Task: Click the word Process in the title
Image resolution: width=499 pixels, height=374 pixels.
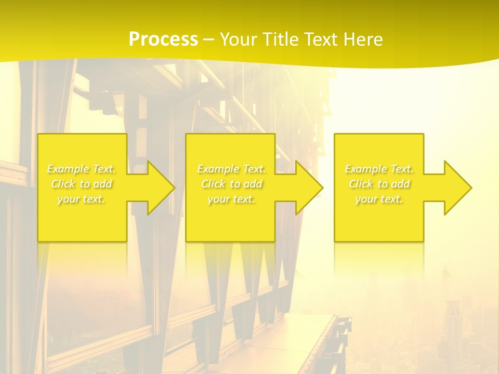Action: tap(163, 39)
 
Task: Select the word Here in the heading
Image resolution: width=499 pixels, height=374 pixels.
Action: tap(364, 39)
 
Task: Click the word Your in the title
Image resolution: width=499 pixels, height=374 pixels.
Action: tap(238, 39)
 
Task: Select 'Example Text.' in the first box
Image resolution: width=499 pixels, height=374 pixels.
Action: tap(82, 169)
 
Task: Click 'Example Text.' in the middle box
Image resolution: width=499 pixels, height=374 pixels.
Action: tap(231, 169)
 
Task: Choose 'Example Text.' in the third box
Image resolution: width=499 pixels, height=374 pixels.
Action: tap(379, 169)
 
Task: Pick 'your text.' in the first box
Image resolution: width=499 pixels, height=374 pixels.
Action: tap(82, 199)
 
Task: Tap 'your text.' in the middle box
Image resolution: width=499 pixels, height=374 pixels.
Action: tap(231, 199)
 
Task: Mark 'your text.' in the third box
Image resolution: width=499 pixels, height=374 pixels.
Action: tap(379, 199)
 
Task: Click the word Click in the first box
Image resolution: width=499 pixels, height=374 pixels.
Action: tap(63, 184)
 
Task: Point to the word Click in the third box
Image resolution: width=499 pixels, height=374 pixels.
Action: tap(361, 184)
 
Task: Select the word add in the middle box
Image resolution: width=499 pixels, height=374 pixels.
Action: tap(252, 184)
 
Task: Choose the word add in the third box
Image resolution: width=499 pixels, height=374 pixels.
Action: tap(400, 184)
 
